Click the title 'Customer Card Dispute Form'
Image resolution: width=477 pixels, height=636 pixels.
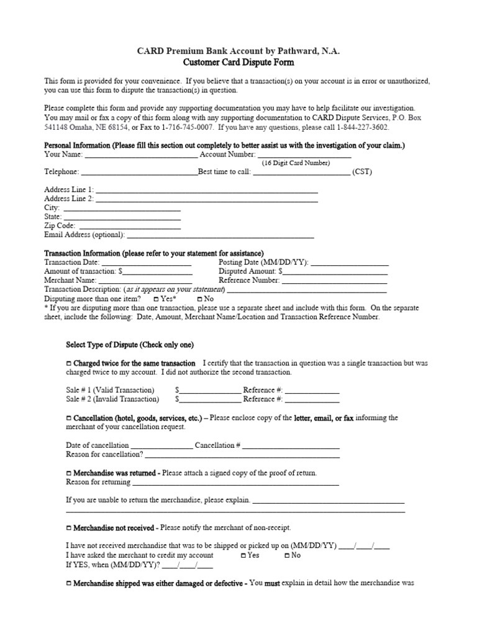pyautogui.click(x=238, y=63)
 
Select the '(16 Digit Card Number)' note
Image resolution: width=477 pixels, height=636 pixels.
pyautogui.click(x=295, y=163)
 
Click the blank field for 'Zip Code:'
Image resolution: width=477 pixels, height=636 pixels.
pyautogui.click(x=129, y=226)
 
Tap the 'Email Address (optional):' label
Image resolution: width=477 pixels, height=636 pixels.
pyautogui.click(x=84, y=235)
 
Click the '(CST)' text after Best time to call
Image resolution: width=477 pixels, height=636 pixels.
pyautogui.click(x=362, y=172)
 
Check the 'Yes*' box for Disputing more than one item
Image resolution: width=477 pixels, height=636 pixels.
pyautogui.click(x=156, y=299)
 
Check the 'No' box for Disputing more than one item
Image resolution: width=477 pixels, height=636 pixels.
pyautogui.click(x=200, y=299)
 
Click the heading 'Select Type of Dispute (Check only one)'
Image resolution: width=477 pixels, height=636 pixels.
pyautogui.click(x=134, y=345)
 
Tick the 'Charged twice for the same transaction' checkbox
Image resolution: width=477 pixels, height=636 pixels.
pyautogui.click(x=68, y=363)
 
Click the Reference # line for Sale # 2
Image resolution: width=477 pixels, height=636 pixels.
pyautogui.click(x=312, y=399)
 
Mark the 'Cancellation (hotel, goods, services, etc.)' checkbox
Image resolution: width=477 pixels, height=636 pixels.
pyautogui.click(x=68, y=419)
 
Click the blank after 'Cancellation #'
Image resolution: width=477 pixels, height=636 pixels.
pyautogui.click(x=291, y=445)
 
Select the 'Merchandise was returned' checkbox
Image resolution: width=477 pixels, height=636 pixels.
pyautogui.click(x=68, y=473)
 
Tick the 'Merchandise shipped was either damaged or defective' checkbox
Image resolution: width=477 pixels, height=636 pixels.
pyautogui.click(x=68, y=584)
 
